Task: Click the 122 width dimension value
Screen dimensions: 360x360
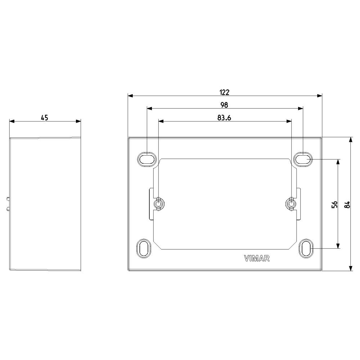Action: (x=224, y=92)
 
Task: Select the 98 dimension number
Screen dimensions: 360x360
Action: (x=224, y=105)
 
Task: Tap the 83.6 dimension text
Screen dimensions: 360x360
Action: (x=224, y=118)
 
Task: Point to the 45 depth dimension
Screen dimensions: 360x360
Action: (x=45, y=118)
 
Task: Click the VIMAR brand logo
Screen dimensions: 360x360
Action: (x=257, y=258)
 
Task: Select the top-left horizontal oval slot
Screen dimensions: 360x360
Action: (x=147, y=159)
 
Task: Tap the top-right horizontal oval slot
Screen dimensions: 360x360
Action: (x=303, y=159)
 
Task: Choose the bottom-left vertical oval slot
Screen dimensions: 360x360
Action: (x=144, y=249)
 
